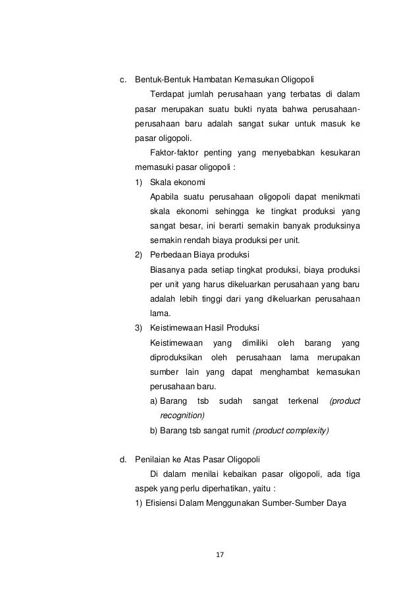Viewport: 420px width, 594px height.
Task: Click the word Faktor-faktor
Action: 174,153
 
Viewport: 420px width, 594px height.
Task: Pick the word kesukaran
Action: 339,153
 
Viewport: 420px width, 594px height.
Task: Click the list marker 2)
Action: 138,254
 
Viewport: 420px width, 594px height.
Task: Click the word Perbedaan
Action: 170,254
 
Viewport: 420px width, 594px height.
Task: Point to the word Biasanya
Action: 167,269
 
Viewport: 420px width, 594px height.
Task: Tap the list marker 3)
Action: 138,327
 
